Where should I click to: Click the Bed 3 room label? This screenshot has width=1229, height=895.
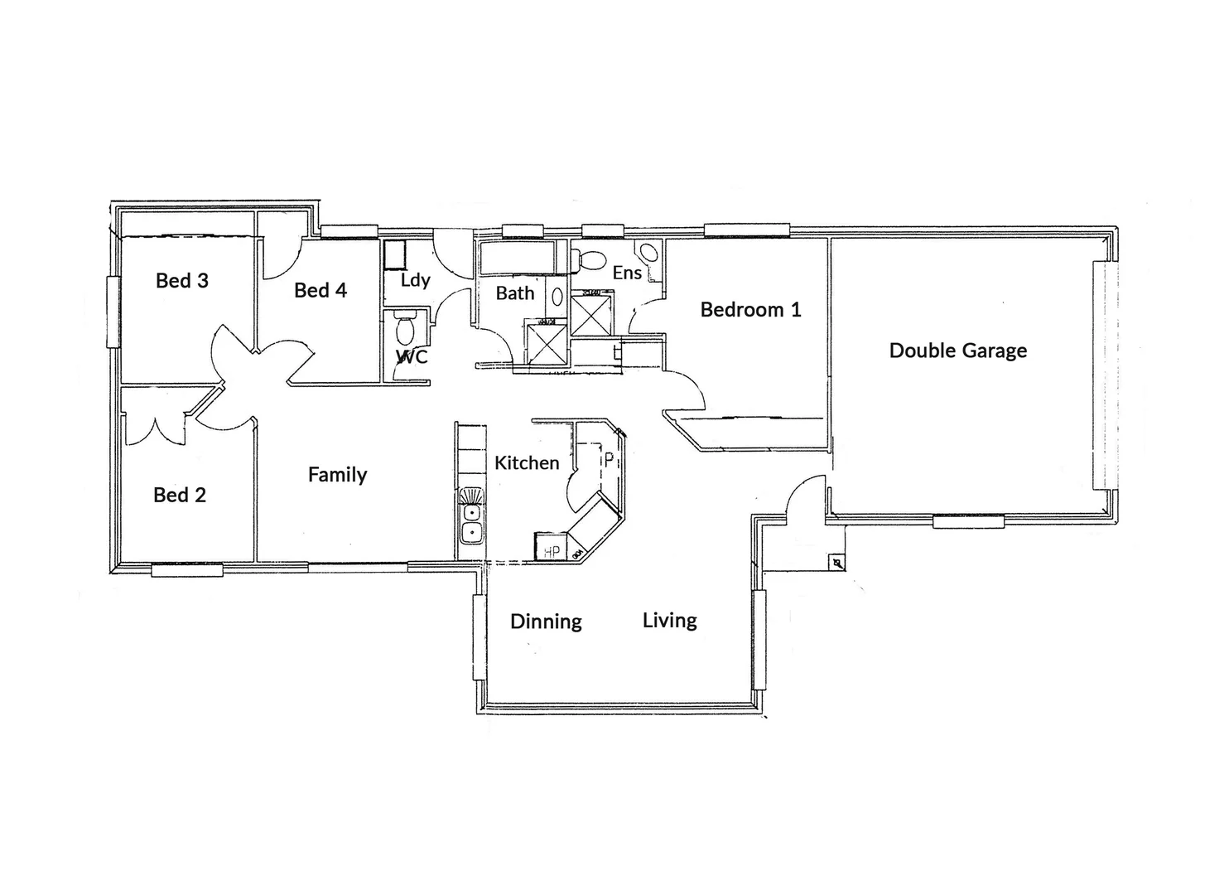point(181,281)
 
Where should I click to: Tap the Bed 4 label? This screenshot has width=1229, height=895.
point(320,291)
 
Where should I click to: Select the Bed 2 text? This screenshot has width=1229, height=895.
point(179,496)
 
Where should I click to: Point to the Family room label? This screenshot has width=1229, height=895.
point(337,475)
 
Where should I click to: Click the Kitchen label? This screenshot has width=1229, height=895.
point(527,463)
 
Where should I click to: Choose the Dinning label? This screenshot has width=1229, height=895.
point(546,622)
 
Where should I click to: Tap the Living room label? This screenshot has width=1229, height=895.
point(669,621)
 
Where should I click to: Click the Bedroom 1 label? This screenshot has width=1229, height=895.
point(750,310)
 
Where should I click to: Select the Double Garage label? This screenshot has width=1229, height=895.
point(957,351)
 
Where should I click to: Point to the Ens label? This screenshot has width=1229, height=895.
point(627,273)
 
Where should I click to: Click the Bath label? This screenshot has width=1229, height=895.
point(514,293)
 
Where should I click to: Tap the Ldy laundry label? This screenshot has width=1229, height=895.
point(415,280)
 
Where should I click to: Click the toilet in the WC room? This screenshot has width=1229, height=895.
point(405,329)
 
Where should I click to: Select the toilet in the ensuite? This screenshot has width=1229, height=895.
point(590,259)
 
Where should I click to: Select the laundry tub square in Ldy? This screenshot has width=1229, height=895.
point(394,254)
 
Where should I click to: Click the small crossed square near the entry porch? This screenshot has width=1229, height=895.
point(837,564)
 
